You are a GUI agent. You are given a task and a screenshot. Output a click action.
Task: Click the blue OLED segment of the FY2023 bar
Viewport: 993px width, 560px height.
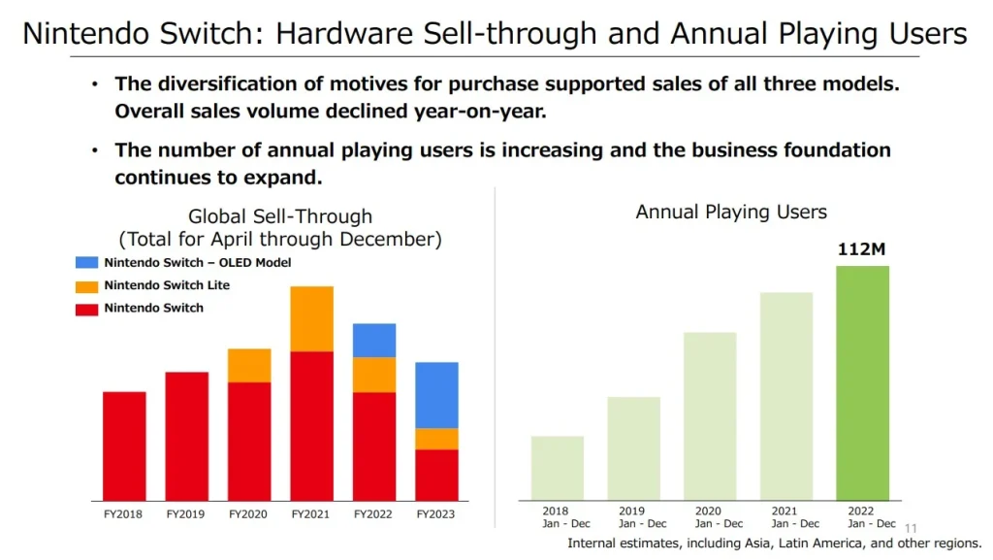[x=436, y=395]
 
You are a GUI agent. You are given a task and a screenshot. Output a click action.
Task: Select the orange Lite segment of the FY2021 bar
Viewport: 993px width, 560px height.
[x=311, y=318]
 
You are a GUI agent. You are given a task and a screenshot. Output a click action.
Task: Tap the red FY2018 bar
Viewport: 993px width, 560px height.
[x=124, y=445]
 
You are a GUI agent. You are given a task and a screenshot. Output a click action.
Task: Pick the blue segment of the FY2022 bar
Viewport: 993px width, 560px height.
[x=373, y=340]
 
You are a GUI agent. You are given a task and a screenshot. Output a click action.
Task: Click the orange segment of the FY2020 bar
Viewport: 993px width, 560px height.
[x=249, y=365]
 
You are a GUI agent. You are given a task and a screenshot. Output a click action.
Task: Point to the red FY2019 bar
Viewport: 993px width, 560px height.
[x=186, y=436]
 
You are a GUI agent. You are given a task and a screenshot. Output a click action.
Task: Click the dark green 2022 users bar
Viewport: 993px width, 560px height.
[x=862, y=382]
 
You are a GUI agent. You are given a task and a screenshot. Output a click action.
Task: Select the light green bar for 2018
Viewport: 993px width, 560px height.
[x=558, y=468]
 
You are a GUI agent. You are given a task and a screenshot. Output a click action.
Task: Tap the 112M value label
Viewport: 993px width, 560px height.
[x=862, y=249]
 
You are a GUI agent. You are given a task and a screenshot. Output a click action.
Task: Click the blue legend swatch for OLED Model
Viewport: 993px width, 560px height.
[x=86, y=263]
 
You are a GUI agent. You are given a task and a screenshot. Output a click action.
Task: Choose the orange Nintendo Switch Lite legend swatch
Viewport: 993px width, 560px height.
[x=86, y=286]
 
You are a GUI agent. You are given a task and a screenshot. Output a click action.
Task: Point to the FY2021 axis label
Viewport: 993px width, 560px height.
[x=310, y=513]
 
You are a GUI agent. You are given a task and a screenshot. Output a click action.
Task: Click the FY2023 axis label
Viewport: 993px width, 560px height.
[x=435, y=513]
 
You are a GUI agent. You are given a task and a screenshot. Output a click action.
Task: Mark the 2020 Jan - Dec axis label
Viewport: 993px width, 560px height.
[x=709, y=517]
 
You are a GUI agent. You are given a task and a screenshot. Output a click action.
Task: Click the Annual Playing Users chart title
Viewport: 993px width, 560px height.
[x=731, y=212]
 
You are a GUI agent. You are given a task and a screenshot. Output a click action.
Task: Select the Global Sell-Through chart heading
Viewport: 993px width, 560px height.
[x=280, y=227]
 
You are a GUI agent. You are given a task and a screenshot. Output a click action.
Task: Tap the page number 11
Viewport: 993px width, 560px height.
[x=910, y=528]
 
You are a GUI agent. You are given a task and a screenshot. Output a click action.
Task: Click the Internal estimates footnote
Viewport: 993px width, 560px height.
[x=774, y=544]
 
